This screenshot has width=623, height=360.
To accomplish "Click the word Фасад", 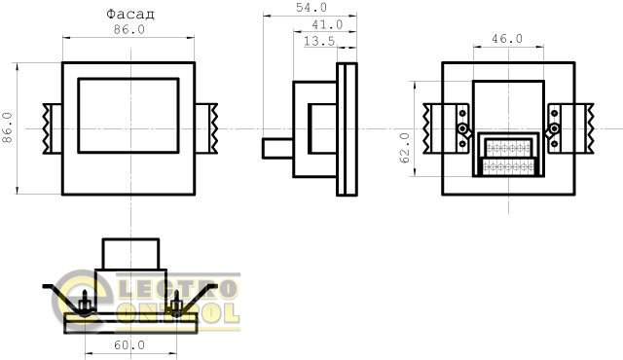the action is pos(129,15).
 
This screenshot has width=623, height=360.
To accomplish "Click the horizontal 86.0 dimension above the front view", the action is pos(129,29).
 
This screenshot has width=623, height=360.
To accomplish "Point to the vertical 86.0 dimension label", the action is pos(7,127).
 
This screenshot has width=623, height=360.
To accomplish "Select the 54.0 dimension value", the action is pos(311,7).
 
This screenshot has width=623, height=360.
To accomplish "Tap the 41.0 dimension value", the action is pos(327,24).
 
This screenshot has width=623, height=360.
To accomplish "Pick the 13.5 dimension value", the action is pos(319,41).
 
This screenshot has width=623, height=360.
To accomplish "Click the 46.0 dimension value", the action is pos(507,39).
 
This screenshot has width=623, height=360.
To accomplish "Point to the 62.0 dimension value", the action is pos(405,148).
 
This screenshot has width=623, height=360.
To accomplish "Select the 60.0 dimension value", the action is pos(129,345).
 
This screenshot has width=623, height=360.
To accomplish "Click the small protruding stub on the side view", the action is pos(277,148).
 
